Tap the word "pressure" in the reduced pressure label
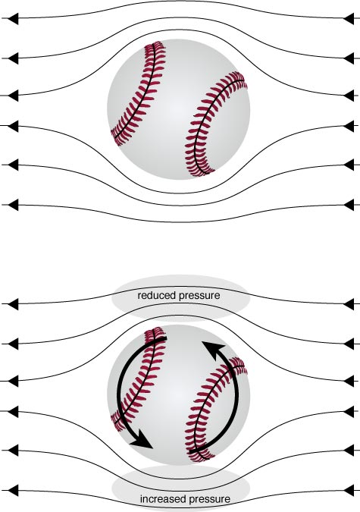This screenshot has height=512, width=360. [x=199, y=296]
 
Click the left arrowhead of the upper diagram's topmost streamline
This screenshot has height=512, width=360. [x=13, y=19]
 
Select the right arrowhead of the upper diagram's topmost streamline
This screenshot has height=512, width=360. [x=349, y=19]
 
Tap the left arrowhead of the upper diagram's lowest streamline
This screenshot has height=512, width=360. [x=13, y=205]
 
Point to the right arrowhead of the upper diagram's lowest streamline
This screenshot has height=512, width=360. [x=349, y=205]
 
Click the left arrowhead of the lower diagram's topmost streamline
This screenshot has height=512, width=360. [x=13, y=304]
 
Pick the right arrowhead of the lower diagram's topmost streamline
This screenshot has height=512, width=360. [x=349, y=304]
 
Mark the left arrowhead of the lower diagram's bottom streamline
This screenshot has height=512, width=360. [x=13, y=491]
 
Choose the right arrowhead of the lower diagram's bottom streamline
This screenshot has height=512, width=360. [x=349, y=491]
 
